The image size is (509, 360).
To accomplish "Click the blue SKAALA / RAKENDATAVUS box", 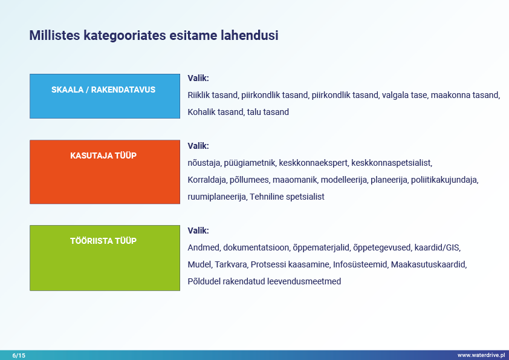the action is coord(105,96).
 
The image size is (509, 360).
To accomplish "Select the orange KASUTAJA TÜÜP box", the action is coord(105,172).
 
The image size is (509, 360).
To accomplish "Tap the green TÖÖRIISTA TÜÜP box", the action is coord(105,258).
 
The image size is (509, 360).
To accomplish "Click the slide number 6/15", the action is coord(19,355).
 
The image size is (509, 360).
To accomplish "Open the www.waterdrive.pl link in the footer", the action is coord(481,355).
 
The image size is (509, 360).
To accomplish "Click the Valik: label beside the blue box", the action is coord(198,78).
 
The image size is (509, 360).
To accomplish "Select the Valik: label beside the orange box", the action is coord(198,146).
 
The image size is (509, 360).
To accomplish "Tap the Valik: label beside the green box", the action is coord(198,231).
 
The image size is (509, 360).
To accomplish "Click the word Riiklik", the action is coord(196,95).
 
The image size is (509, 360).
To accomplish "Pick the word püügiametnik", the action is coord(250,163).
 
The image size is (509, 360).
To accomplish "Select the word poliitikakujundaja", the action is coord(445,180).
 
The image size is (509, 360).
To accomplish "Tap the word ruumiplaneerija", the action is coord(217,197).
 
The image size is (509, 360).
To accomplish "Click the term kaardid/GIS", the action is coord(437,247).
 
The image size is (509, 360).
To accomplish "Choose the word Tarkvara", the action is coord(231,264).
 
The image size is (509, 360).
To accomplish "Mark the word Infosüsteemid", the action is coord(360,264).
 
